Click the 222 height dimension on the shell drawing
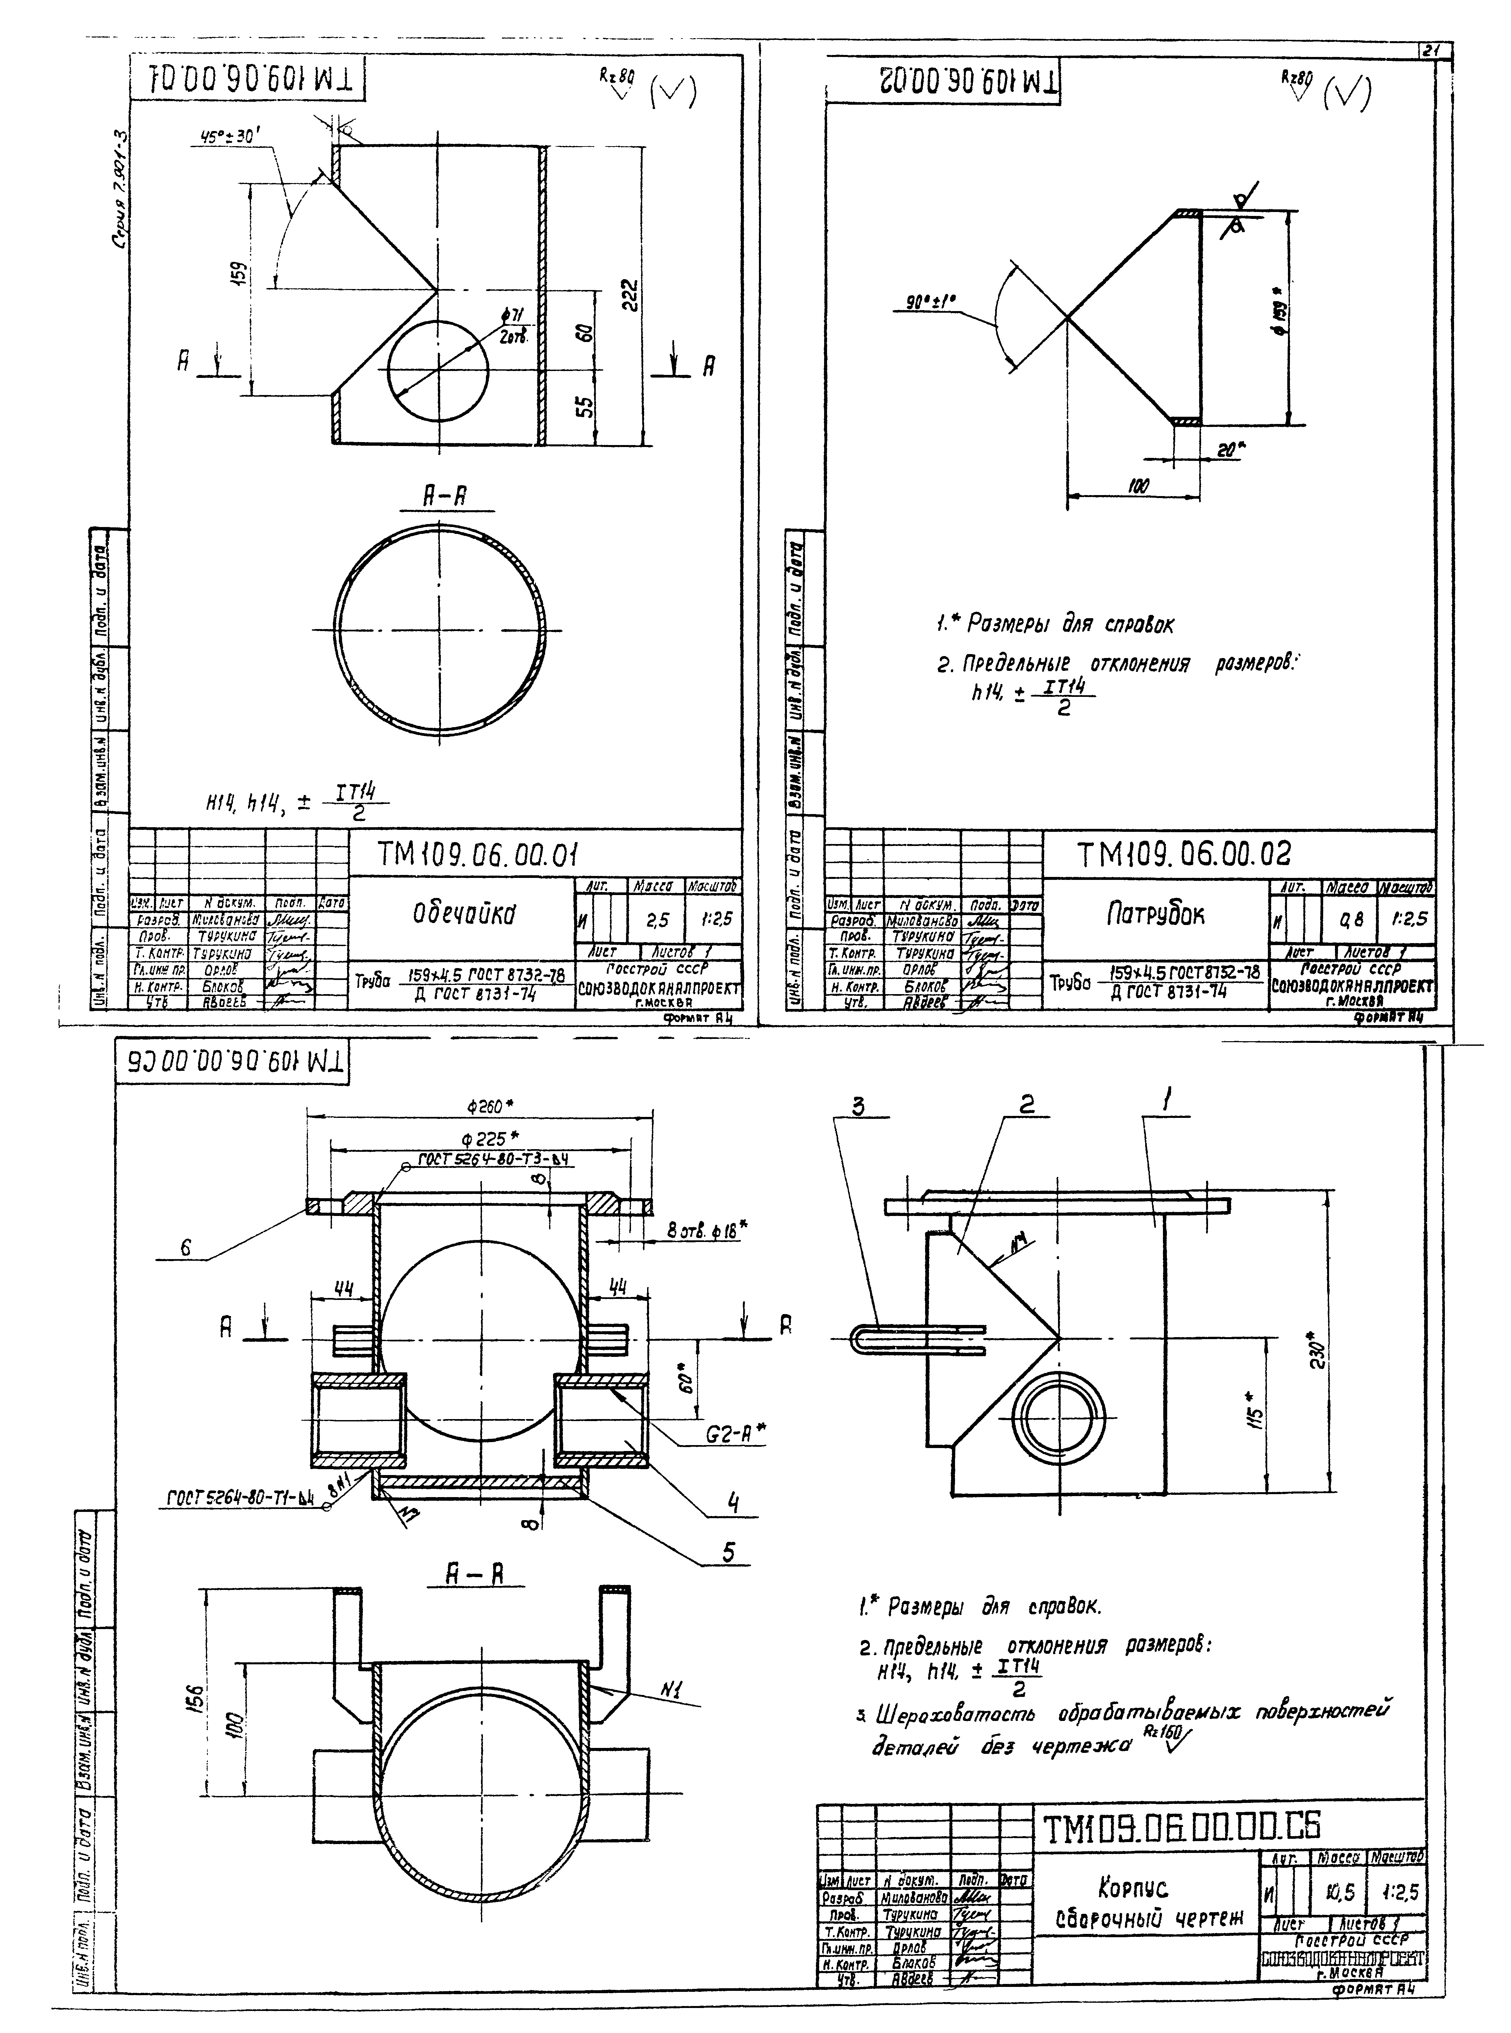pyautogui.click(x=629, y=295)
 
